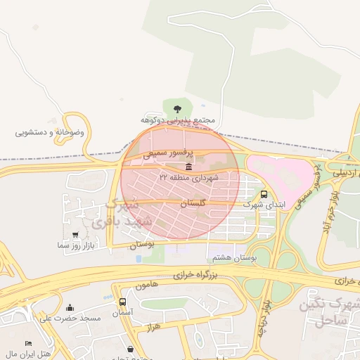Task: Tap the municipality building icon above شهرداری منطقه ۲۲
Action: (188, 167)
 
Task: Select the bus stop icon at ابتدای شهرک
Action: (264, 194)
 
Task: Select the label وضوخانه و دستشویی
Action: (50, 131)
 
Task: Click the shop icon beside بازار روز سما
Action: (75, 235)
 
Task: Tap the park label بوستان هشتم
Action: (233, 258)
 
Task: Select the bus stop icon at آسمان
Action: (122, 302)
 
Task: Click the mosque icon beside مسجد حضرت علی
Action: (70, 307)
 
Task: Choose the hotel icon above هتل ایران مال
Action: (28, 342)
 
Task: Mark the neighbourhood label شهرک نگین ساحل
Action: (330, 312)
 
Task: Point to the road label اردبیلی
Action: (345, 172)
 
